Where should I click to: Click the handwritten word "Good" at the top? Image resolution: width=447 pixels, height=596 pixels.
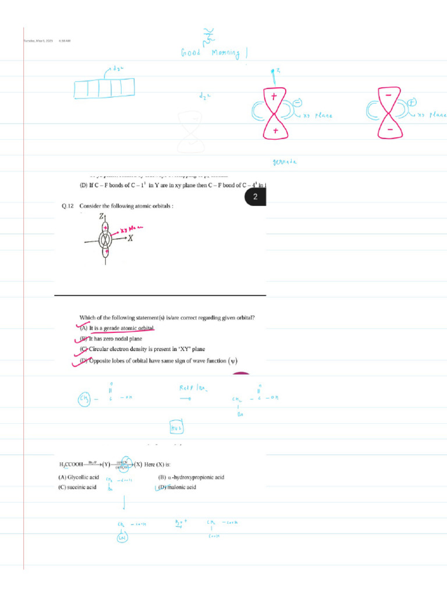click(x=191, y=53)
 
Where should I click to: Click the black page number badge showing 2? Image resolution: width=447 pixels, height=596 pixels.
click(x=255, y=198)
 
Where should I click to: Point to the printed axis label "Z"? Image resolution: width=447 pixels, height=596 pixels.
click(x=101, y=217)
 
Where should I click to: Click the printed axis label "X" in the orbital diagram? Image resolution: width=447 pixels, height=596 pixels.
click(x=131, y=239)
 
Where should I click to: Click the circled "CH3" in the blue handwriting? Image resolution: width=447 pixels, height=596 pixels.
click(x=84, y=399)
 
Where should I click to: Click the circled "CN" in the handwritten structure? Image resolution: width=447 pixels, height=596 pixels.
click(x=122, y=538)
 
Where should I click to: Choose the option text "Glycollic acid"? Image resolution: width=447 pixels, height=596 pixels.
click(x=83, y=477)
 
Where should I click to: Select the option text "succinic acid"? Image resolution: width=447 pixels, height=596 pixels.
click(x=81, y=487)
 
